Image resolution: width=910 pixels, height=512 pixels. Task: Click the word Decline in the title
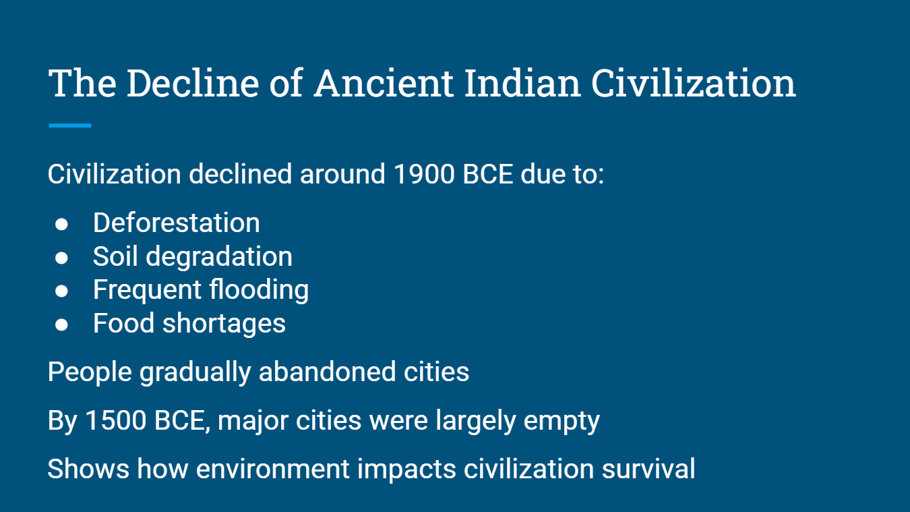click(x=193, y=84)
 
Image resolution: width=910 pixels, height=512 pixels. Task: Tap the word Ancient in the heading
click(x=384, y=84)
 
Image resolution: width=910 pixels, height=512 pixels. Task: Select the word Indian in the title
click(x=522, y=84)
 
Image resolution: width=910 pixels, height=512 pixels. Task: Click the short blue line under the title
click(x=70, y=125)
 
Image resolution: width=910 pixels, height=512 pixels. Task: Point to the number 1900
click(x=424, y=174)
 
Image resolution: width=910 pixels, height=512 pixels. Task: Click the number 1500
click(x=116, y=420)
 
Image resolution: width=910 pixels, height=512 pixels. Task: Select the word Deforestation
click(x=177, y=223)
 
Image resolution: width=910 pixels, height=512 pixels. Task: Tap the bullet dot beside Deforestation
click(x=61, y=224)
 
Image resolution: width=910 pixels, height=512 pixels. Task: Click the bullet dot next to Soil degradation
click(x=61, y=258)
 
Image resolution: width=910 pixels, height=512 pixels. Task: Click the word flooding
click(x=260, y=290)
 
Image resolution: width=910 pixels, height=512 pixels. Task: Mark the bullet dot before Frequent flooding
click(x=61, y=291)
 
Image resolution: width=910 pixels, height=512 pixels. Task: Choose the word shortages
click(x=224, y=324)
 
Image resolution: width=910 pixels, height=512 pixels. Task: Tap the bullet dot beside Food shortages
click(x=61, y=324)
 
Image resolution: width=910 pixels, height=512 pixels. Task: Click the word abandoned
click(x=327, y=372)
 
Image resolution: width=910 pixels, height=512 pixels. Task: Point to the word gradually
click(x=195, y=373)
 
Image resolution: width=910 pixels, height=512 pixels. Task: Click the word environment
click(x=272, y=469)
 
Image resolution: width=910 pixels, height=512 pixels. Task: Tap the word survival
click(x=648, y=468)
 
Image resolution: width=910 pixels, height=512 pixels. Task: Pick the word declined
click(x=240, y=174)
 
